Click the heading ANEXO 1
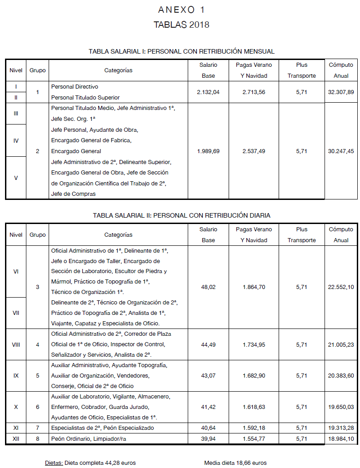181,10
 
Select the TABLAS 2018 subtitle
181,25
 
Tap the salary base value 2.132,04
208,92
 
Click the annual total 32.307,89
341,92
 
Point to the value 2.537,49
254,151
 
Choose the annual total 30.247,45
341,151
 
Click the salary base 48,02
208,287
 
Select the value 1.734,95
254,344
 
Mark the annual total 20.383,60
341,376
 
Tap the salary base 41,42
208,407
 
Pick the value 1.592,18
254,428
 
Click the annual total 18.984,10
341,439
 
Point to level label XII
16,439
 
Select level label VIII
16,344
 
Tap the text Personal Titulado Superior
85,97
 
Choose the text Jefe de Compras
73,194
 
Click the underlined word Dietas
54,463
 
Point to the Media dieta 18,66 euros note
235,463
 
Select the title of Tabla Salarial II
181,215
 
